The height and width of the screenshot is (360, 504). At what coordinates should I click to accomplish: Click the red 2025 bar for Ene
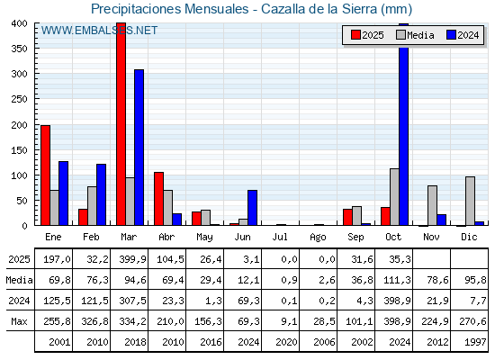[x=45, y=175]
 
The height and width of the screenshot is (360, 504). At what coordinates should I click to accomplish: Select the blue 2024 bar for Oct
[x=404, y=126]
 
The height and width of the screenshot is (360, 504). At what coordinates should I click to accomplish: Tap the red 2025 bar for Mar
[x=121, y=126]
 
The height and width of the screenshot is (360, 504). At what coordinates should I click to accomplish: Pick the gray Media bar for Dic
[x=470, y=202]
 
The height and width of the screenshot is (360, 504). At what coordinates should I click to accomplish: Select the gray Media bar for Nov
[x=432, y=205]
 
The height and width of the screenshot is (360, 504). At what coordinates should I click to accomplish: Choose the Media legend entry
[x=414, y=35]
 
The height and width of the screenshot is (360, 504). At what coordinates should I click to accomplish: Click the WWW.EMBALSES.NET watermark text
[x=99, y=31]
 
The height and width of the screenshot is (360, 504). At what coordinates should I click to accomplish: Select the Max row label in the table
[x=18, y=321]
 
